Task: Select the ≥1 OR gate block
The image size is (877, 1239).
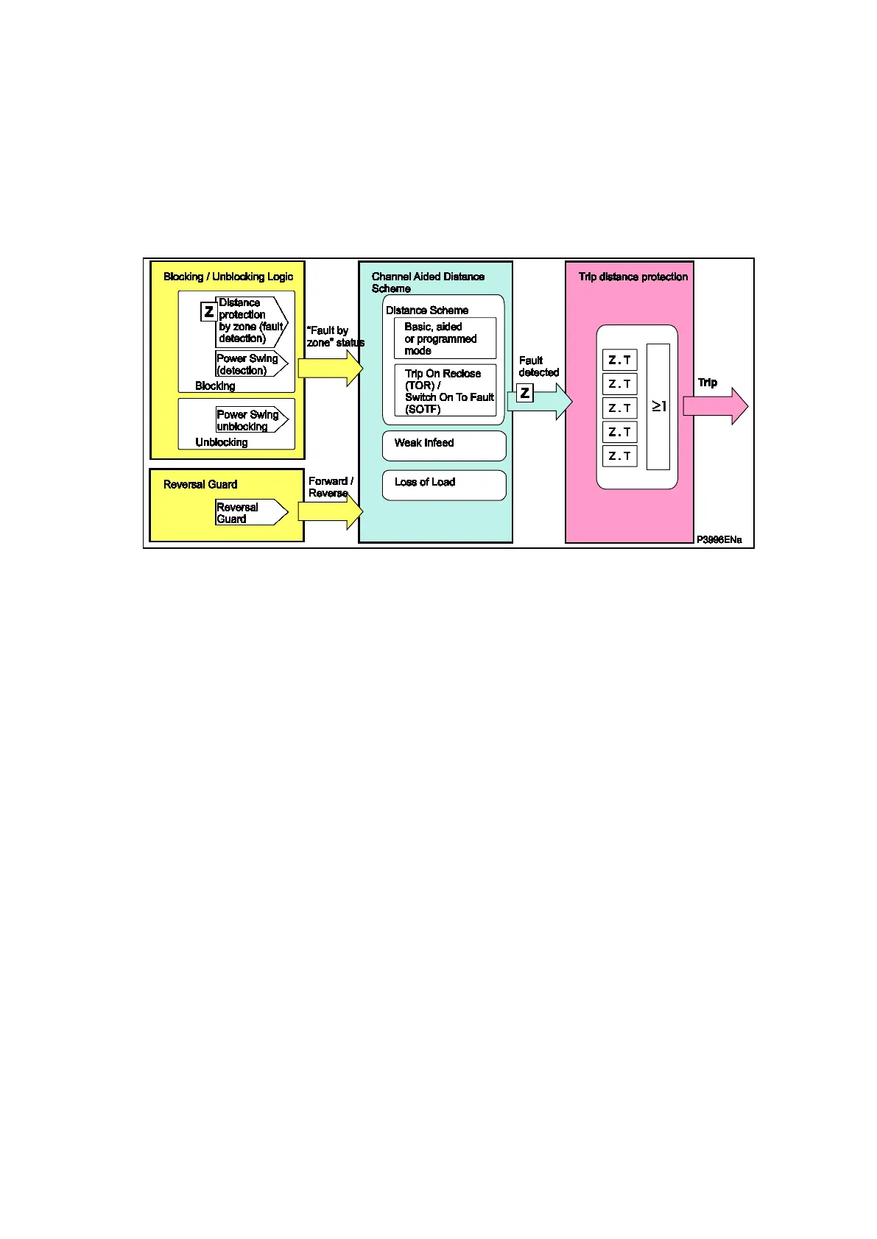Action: tap(658, 406)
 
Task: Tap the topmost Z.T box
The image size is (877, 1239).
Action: tap(620, 360)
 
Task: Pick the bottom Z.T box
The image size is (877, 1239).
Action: tap(620, 456)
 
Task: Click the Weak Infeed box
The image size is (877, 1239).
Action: tap(444, 445)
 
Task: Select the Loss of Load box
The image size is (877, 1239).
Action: tap(444, 485)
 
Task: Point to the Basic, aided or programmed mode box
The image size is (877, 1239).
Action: tap(445, 338)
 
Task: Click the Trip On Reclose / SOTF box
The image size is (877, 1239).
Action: tap(445, 391)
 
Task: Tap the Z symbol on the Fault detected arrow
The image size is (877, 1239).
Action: tap(525, 393)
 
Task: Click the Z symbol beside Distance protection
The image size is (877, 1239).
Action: tap(209, 312)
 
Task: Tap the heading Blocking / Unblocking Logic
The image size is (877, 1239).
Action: tap(228, 277)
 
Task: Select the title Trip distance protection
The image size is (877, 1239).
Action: tap(633, 277)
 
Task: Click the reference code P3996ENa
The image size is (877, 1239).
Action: tap(719, 540)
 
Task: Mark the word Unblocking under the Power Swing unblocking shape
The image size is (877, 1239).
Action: tap(222, 442)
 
